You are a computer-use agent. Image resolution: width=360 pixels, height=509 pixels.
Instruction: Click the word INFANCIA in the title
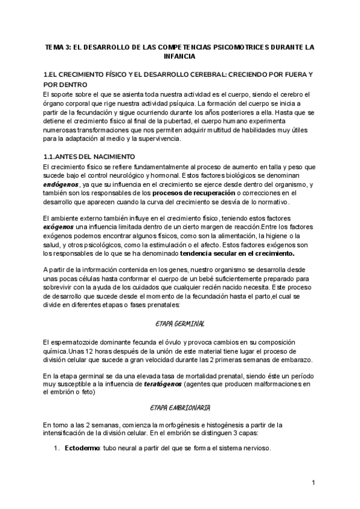[x=179, y=56]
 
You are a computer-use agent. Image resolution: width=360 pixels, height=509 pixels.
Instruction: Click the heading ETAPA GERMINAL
[x=180, y=323]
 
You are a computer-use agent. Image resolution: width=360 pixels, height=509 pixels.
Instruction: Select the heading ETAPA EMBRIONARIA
[x=180, y=408]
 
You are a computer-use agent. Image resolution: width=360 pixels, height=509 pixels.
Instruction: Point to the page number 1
[x=313, y=483]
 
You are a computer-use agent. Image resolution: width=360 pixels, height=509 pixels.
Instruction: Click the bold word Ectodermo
[x=82, y=448]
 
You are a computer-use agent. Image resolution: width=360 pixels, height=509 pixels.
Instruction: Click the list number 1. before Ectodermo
[x=58, y=448]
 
